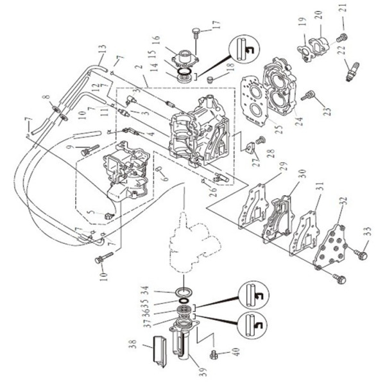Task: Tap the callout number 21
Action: [x=343, y=8]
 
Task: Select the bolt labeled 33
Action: [x=361, y=255]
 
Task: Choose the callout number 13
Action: [x=101, y=49]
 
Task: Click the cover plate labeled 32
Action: [x=331, y=246]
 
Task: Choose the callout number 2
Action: [x=136, y=67]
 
